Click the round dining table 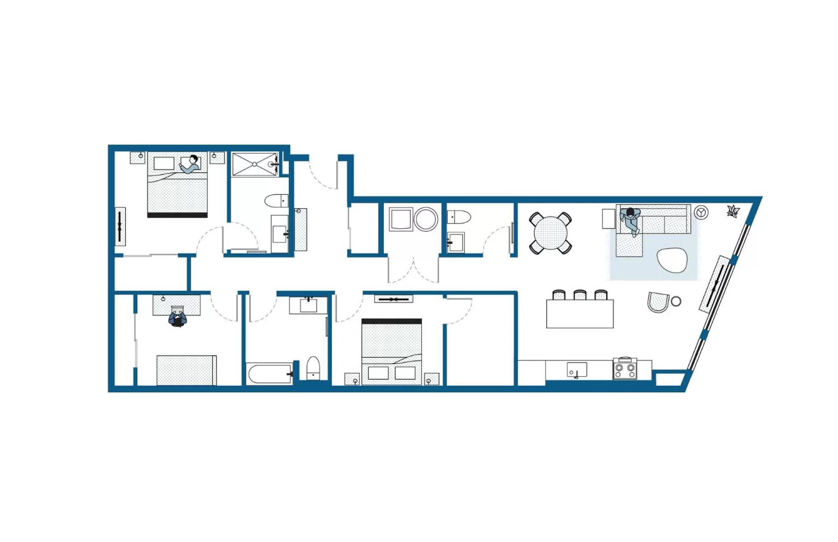click(x=550, y=233)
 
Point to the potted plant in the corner click(x=733, y=211)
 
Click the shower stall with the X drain click(x=254, y=164)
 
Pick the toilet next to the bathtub click(x=313, y=368)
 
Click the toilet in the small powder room click(x=459, y=217)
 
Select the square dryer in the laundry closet click(x=401, y=219)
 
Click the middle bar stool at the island click(x=580, y=295)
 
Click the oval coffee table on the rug click(x=672, y=260)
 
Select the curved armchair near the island click(x=658, y=302)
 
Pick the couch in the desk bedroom click(x=187, y=370)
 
